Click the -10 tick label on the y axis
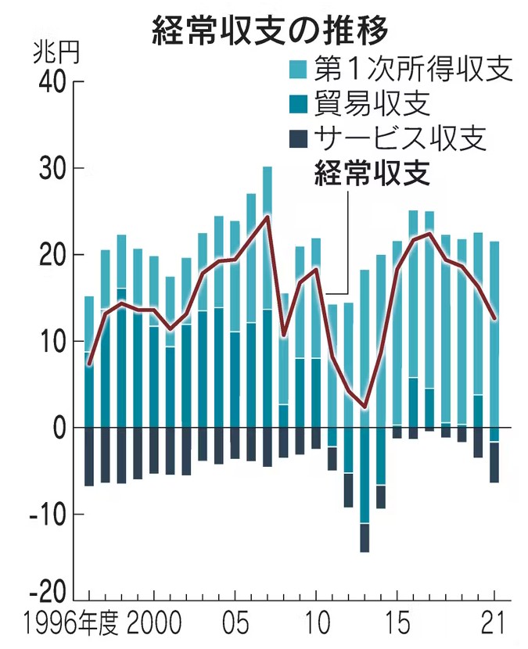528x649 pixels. click(47, 515)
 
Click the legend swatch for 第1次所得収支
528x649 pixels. click(300, 70)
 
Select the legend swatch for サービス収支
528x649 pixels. click(300, 138)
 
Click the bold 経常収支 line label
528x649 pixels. click(372, 172)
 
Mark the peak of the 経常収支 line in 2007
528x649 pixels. click(268, 216)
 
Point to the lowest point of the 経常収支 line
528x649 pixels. click(365, 407)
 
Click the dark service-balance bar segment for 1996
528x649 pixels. click(89, 457)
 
